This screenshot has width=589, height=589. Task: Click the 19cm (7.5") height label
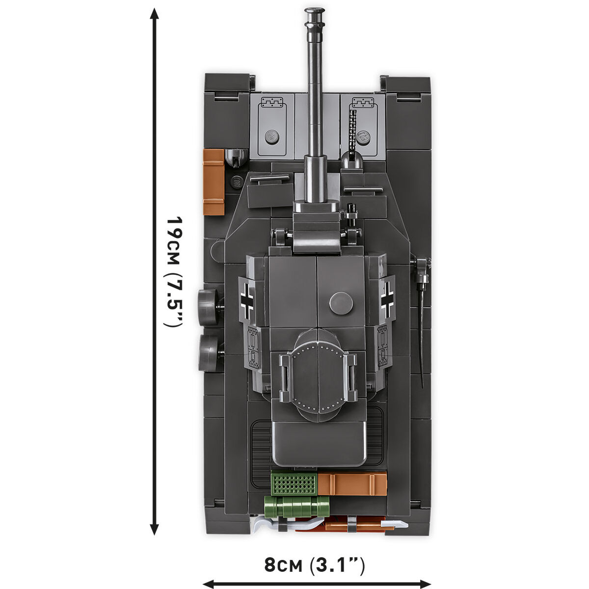[174, 272]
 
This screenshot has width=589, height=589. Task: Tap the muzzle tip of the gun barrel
[314, 11]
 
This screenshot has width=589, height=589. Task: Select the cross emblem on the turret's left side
[247, 297]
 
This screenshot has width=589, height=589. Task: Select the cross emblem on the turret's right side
[387, 296]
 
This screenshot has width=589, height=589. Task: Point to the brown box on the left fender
[214, 182]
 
